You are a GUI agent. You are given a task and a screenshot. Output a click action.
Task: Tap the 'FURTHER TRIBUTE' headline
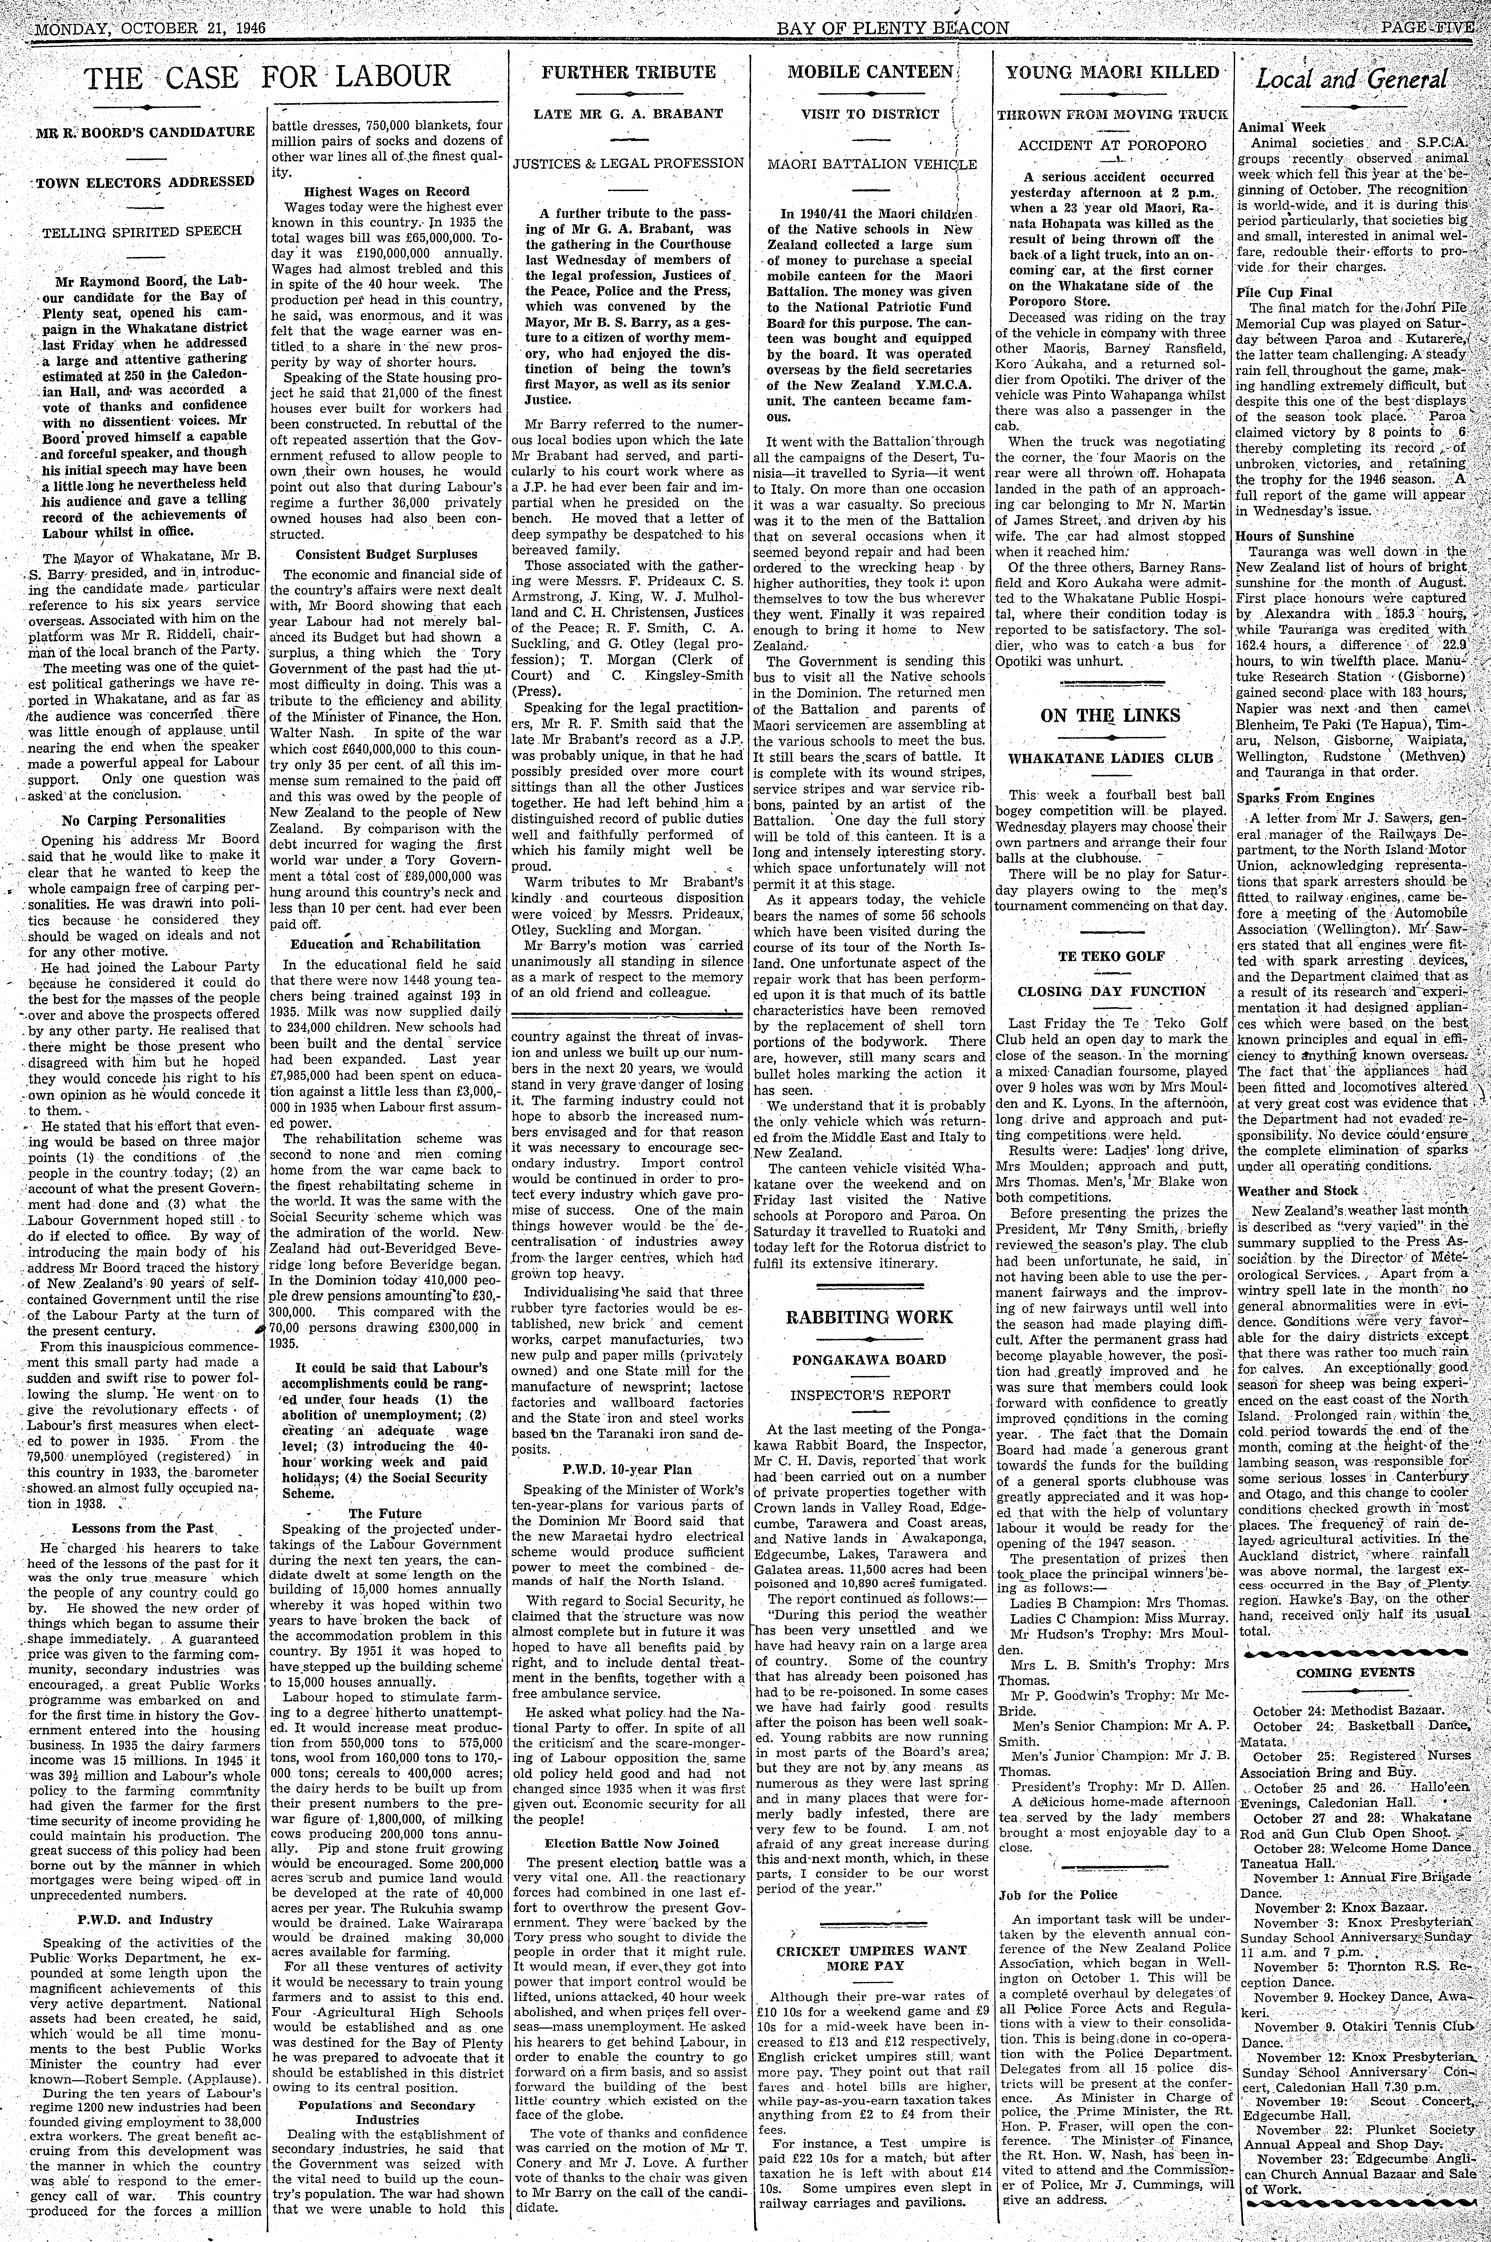pos(629,72)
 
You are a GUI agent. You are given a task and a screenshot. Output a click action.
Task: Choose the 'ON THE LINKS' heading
pos(1110,715)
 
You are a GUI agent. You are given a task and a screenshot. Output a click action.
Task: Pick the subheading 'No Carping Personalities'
pos(144,818)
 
